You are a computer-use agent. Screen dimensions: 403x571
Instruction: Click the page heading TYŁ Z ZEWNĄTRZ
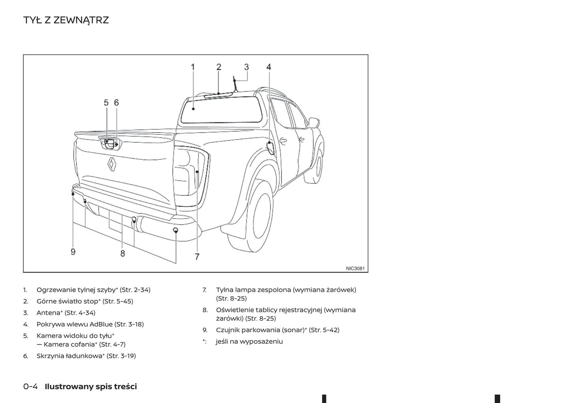66,20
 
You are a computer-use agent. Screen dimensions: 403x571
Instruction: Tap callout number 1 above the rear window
193,67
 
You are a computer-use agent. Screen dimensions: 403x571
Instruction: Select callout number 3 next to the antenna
247,67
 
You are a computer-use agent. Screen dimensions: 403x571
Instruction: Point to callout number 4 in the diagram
269,67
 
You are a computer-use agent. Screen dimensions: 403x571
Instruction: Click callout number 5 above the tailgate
106,102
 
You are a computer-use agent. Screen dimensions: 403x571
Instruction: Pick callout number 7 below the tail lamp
197,257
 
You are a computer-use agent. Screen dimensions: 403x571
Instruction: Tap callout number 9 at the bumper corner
73,252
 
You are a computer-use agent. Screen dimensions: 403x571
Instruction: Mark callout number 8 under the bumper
122,254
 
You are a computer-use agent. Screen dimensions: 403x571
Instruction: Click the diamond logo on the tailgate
112,164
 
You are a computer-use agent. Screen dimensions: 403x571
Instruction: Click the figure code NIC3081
355,269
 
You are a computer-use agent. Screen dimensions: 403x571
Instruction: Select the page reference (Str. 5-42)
324,330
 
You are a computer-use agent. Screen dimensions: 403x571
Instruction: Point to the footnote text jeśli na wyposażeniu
249,341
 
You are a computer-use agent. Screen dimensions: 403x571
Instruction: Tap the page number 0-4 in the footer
30,386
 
